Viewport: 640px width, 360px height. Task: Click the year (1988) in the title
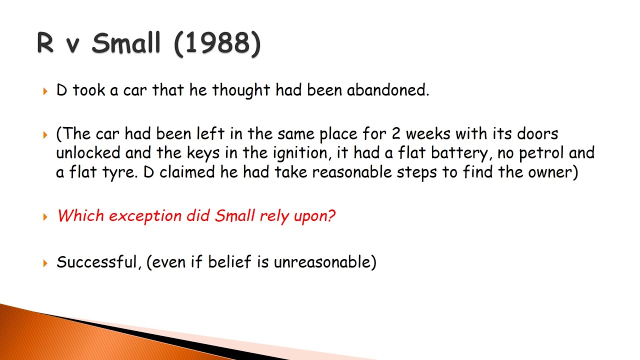[217, 44]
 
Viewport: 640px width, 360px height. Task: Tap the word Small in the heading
[126, 44]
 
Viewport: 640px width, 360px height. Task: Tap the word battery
[457, 153]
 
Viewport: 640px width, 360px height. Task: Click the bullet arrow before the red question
[45, 216]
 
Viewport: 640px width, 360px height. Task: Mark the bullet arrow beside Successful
[45, 262]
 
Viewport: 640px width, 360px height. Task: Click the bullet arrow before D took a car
[45, 91]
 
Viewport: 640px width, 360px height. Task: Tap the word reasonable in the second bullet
[352, 172]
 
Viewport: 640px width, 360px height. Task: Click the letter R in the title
[45, 44]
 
